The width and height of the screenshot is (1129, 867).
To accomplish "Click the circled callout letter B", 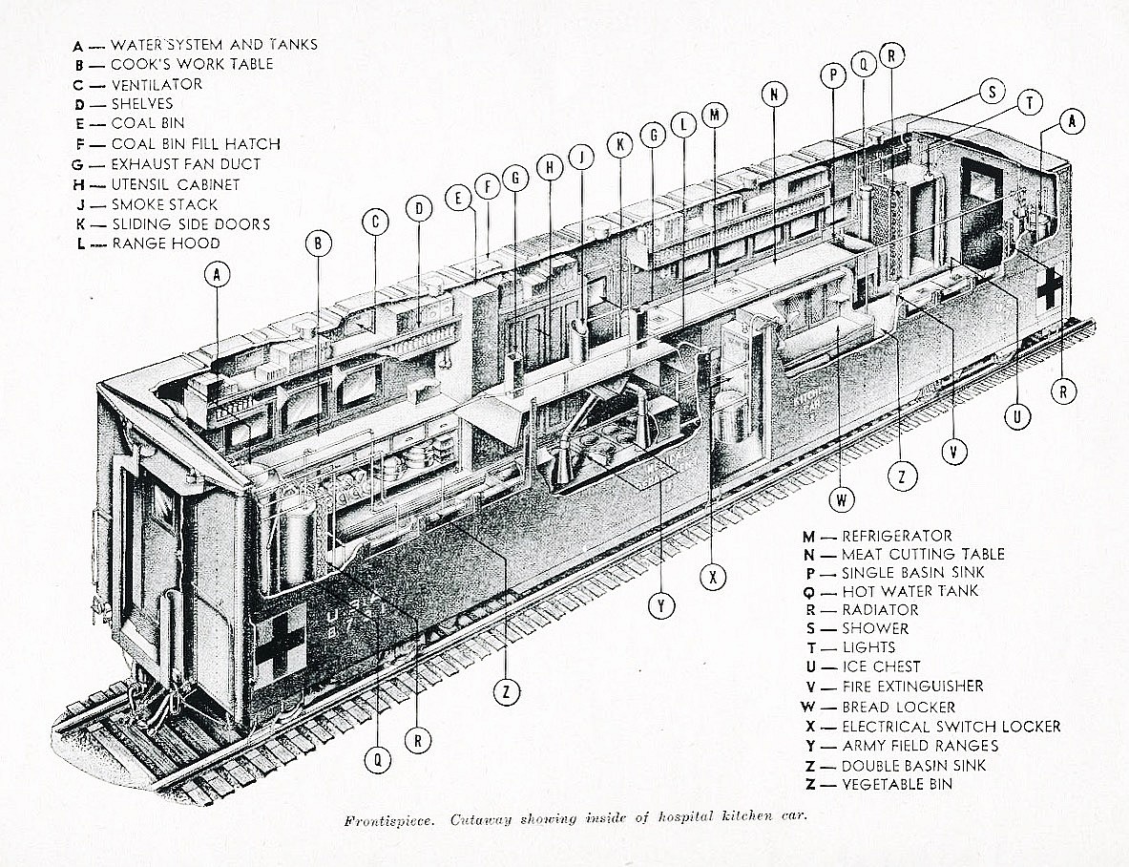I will pyautogui.click(x=318, y=243).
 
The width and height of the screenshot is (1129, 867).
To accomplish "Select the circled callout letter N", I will pyautogui.click(x=775, y=94).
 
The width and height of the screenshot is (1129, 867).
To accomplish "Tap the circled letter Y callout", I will pyautogui.click(x=660, y=605).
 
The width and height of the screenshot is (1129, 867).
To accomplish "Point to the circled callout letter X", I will pyautogui.click(x=712, y=577).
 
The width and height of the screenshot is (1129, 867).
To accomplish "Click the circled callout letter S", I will pyautogui.click(x=993, y=93).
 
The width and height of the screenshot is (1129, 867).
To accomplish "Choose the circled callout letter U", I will pyautogui.click(x=1017, y=415).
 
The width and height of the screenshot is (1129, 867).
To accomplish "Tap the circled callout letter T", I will pyautogui.click(x=1029, y=103).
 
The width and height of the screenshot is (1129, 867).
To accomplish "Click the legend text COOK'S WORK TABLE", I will pyautogui.click(x=192, y=64).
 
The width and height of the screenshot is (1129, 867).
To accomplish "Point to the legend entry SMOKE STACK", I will pyautogui.click(x=164, y=204).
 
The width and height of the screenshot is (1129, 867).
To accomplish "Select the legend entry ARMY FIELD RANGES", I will pyautogui.click(x=919, y=746).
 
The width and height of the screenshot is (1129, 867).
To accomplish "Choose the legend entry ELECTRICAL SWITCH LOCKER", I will pyautogui.click(x=950, y=727).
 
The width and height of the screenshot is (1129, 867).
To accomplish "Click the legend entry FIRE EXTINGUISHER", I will pyautogui.click(x=911, y=687).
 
